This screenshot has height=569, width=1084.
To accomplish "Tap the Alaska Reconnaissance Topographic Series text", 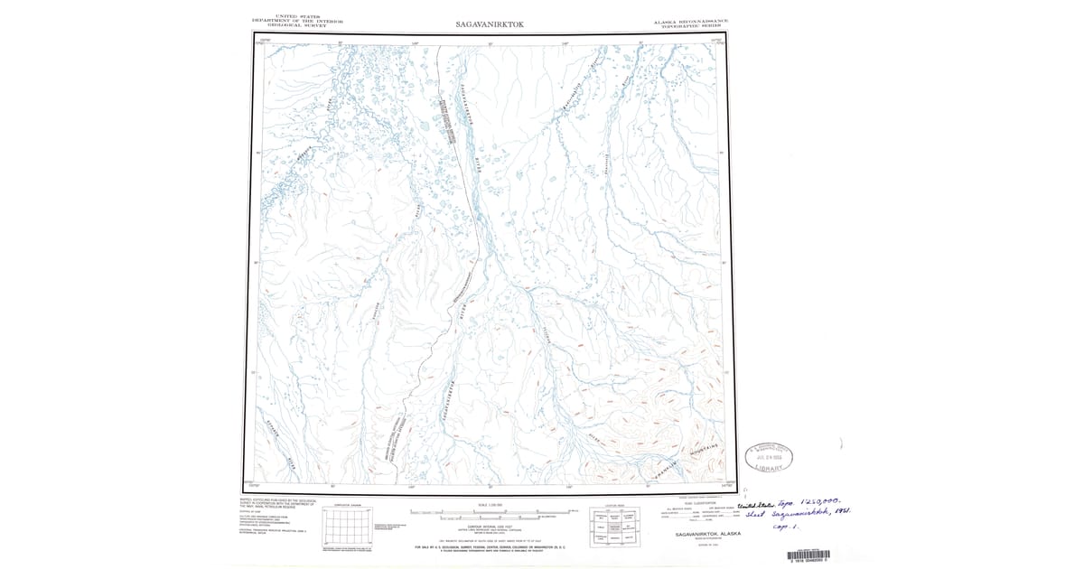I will pos(691,23).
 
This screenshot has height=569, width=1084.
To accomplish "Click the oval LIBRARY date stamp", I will pos(768,456).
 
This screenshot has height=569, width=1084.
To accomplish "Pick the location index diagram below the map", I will pos(616,527).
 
